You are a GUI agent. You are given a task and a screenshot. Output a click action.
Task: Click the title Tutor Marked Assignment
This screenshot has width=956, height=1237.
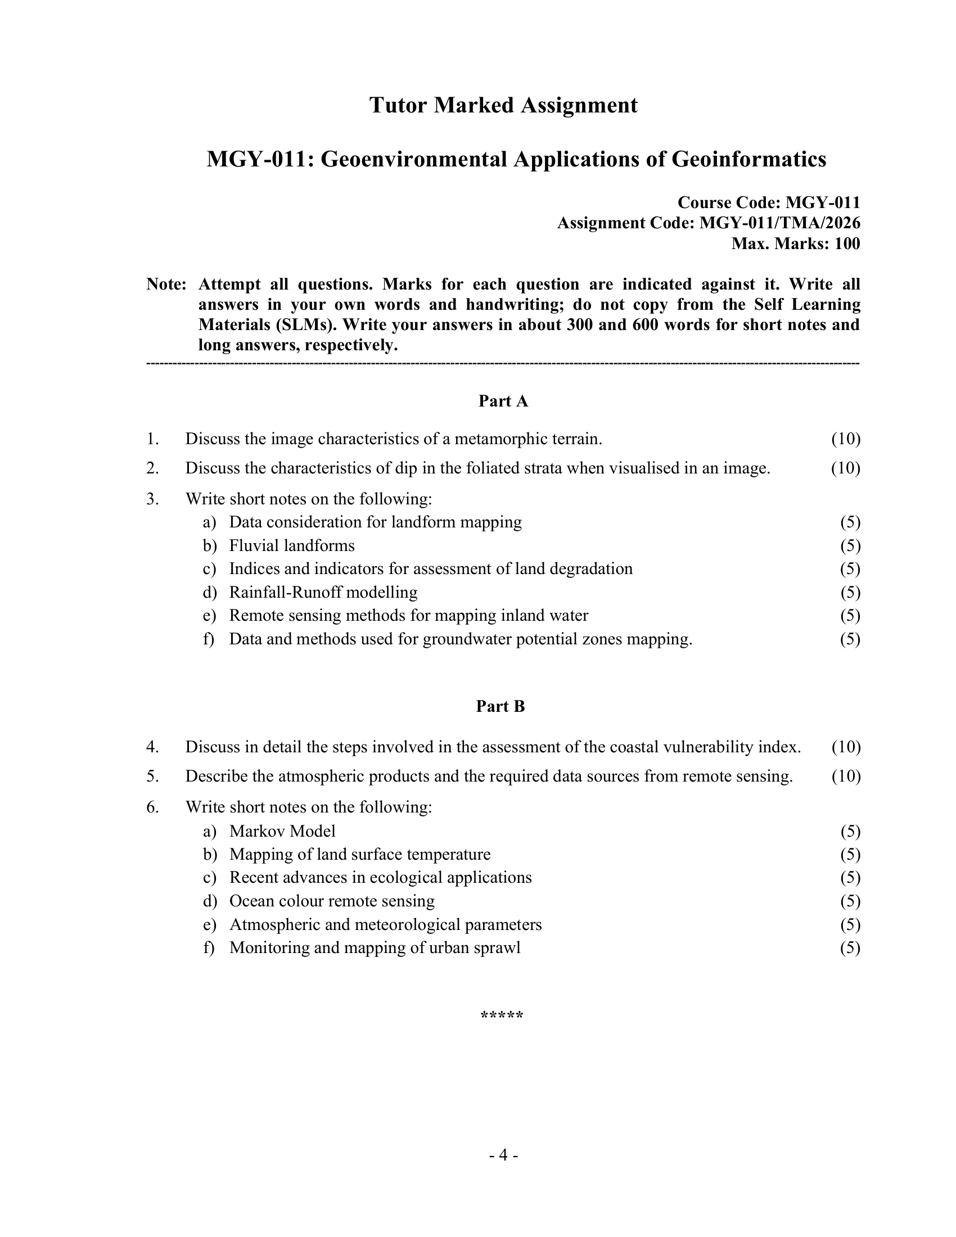point(503,105)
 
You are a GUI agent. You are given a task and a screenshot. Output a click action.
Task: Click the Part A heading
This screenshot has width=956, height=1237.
point(503,401)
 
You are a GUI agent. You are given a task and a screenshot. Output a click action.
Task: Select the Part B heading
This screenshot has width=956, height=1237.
point(500,706)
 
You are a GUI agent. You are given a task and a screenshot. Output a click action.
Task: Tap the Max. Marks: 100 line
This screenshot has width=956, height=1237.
point(795,243)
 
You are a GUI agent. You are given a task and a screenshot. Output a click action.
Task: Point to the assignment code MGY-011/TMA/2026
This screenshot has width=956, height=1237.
point(780,223)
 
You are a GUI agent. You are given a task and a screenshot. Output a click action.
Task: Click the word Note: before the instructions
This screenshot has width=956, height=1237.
point(166,285)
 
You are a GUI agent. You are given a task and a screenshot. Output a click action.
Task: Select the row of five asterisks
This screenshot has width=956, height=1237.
point(501,1015)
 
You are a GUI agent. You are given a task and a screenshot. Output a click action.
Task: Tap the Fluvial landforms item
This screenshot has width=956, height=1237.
point(292,545)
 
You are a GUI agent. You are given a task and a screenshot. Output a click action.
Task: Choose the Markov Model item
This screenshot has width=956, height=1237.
point(282,831)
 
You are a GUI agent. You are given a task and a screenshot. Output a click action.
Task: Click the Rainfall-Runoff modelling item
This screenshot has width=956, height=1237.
point(323,593)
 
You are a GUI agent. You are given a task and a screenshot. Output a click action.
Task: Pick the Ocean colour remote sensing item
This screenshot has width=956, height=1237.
point(332,901)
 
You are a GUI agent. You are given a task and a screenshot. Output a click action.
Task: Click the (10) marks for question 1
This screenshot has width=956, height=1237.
point(846,439)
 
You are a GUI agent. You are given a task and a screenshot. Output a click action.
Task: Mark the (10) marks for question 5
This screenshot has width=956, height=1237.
point(846,776)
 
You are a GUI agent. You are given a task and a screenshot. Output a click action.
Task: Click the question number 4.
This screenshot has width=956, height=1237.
point(152,747)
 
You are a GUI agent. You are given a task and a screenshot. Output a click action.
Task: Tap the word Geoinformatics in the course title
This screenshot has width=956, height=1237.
point(748,160)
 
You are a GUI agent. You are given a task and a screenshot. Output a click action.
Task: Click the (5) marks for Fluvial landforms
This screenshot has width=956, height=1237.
point(850,545)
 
